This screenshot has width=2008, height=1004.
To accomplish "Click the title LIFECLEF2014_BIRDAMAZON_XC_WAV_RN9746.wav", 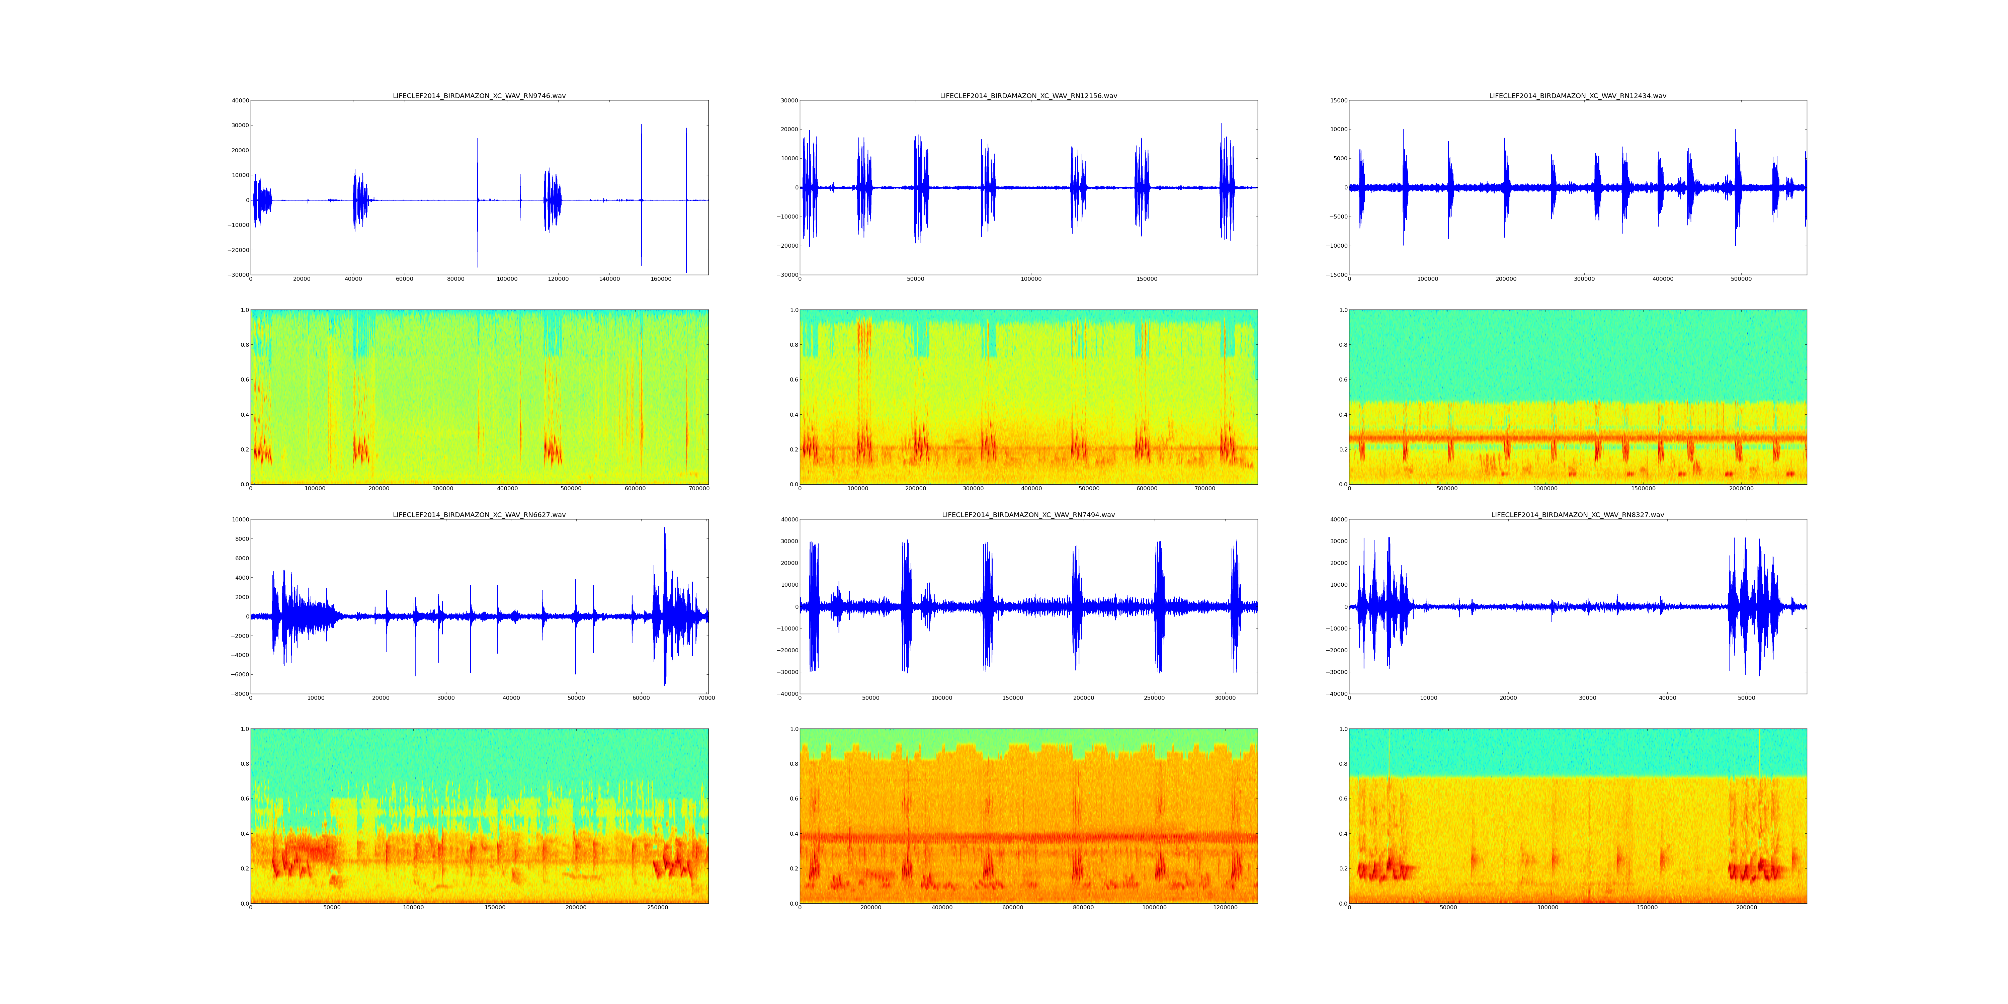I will pos(479,96).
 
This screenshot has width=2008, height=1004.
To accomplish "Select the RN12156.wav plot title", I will pos(1028,96).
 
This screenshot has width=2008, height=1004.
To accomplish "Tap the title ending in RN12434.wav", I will pos(1578,96).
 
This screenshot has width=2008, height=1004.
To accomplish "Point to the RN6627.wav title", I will pos(479,515).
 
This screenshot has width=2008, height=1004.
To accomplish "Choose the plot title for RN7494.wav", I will pos(1028,515).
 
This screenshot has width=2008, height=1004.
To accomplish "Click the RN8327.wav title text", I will pos(1578,515).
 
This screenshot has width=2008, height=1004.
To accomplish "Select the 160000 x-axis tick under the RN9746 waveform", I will pos(660,279).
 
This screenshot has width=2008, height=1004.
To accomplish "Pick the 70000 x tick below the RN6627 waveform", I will pos(706,698).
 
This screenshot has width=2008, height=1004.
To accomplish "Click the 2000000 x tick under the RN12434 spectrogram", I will pos(1741,489).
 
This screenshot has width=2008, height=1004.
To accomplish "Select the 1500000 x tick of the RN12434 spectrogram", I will pos(1643,489).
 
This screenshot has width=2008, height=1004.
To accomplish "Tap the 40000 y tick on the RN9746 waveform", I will pos(239,100).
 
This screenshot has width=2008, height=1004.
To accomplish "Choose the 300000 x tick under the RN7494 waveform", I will pos(1225,698).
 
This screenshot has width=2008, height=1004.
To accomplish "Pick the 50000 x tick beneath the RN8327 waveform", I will pos(1746,698).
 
